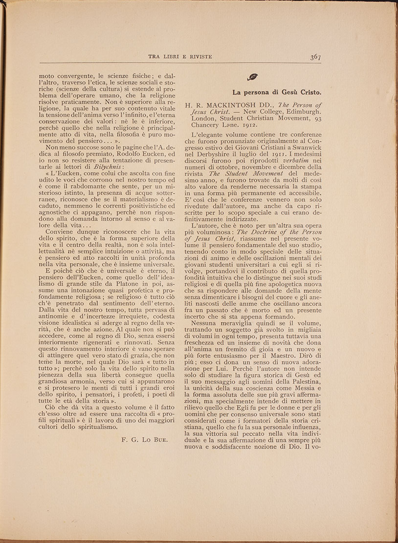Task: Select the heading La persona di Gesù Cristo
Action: pos(276,91)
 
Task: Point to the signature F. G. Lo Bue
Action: pos(144,439)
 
